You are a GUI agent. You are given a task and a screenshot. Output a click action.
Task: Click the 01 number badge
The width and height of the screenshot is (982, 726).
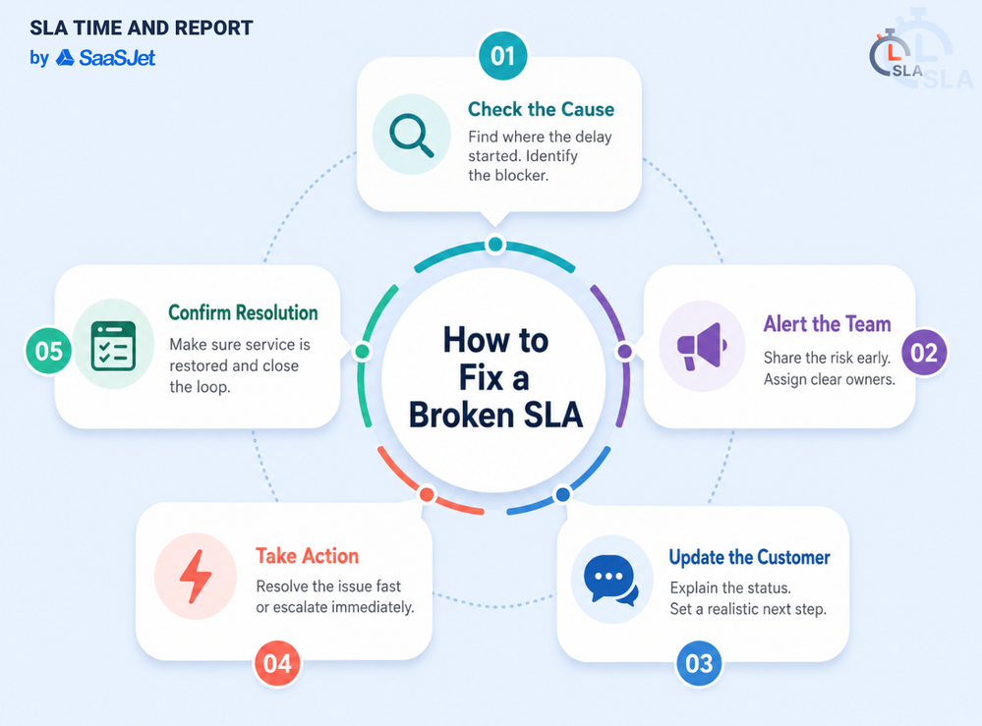click(503, 56)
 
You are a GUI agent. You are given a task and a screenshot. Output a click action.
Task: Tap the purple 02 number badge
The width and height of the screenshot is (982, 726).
click(924, 353)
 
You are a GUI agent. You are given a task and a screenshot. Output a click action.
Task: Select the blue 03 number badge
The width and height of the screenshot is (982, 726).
click(699, 663)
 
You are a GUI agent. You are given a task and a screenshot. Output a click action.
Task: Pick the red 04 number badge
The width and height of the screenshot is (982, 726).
click(277, 663)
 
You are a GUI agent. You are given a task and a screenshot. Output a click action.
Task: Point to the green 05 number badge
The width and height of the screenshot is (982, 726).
click(49, 351)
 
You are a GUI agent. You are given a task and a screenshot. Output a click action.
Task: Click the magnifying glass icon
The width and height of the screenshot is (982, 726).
click(412, 135)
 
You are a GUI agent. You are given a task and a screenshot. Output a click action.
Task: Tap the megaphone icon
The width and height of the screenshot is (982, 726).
click(702, 346)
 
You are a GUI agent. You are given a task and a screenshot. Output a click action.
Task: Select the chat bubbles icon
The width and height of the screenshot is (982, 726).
click(611, 581)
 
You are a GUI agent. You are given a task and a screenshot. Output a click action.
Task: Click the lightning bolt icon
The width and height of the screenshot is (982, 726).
click(196, 577)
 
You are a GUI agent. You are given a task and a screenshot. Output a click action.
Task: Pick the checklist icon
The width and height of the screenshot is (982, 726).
click(113, 346)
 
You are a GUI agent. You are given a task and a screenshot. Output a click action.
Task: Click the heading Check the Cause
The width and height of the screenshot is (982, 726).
click(541, 109)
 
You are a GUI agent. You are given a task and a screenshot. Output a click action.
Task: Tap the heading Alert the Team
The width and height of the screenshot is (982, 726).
click(828, 324)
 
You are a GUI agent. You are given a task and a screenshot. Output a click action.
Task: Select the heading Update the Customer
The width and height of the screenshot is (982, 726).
click(750, 557)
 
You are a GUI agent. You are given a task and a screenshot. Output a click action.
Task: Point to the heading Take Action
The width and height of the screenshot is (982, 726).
click(307, 556)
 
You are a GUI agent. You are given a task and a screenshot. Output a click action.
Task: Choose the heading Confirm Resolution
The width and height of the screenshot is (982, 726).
click(243, 312)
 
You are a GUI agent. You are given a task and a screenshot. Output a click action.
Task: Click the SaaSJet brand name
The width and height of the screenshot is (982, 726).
click(117, 58)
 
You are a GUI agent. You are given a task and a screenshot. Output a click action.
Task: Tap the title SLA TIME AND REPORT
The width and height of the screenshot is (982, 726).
click(142, 28)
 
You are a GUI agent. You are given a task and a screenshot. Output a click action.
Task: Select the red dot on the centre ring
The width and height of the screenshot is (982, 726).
click(428, 494)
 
